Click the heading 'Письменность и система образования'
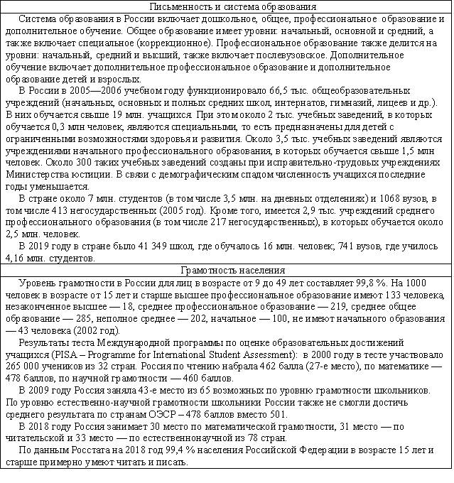(x=227, y=6)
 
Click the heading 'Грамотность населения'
(x=227, y=270)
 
